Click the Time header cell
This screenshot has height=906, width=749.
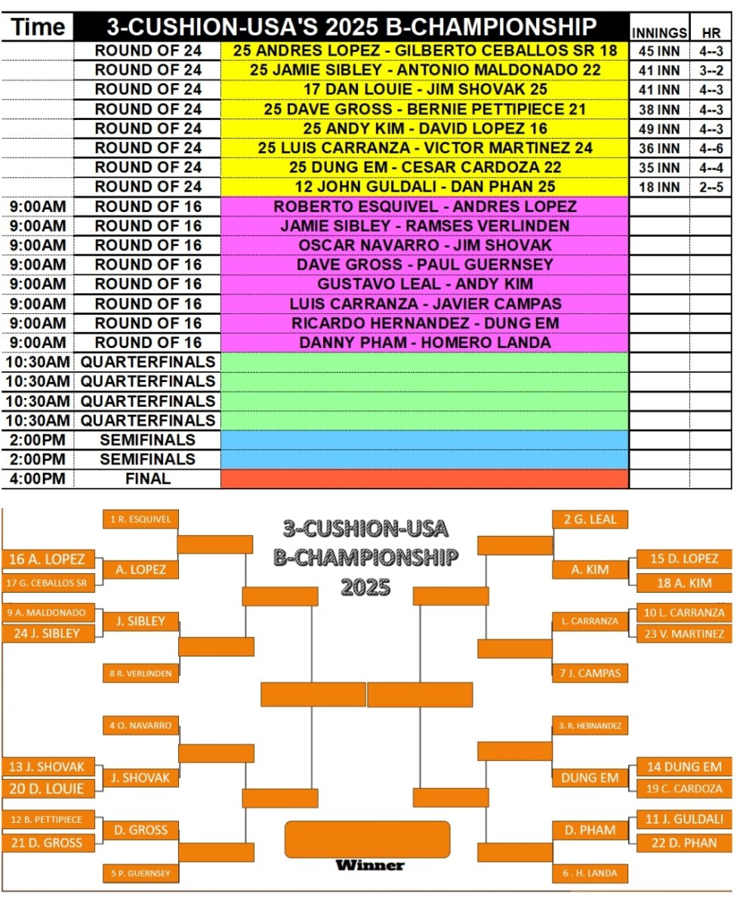coord(39,28)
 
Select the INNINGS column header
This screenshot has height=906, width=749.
coord(658,33)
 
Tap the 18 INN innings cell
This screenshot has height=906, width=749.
coord(658,186)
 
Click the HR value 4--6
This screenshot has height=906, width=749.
coord(710,147)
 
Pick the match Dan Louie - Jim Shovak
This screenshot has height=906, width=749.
coord(424,89)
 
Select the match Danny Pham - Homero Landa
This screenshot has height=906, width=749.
coord(424,342)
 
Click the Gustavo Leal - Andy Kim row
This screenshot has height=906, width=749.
coord(424,284)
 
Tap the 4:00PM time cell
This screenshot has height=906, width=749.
coord(39,479)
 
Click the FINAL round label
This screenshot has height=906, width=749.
coord(147,479)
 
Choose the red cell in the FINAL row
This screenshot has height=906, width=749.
coord(424,479)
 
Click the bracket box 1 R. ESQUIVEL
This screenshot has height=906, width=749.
coord(140,519)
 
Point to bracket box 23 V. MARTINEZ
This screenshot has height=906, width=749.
coord(684,634)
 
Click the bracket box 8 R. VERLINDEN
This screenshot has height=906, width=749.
coord(140,673)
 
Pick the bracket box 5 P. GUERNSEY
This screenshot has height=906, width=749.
coord(140,874)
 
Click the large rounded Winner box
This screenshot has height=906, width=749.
coord(368,839)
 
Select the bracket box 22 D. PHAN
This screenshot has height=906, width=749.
coord(684,843)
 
